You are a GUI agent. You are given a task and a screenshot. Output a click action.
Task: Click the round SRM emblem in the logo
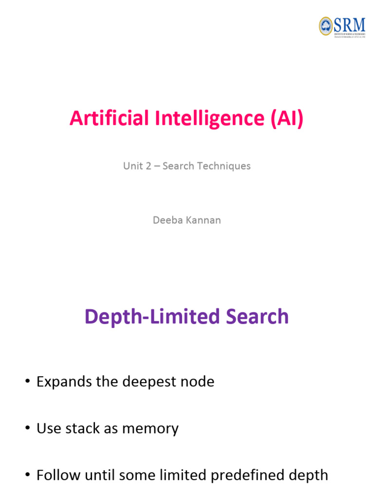[325, 26]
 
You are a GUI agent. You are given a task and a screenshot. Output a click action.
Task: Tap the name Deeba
[166, 220]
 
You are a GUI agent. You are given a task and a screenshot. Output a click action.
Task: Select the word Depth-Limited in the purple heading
[145, 317]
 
